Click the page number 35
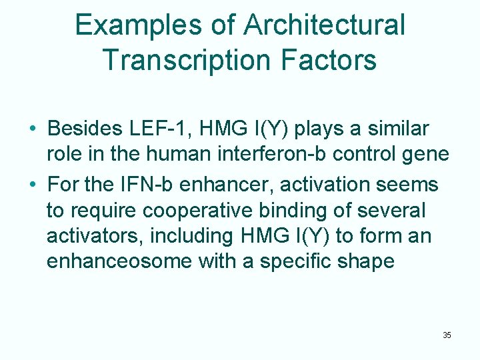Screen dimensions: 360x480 447,335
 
